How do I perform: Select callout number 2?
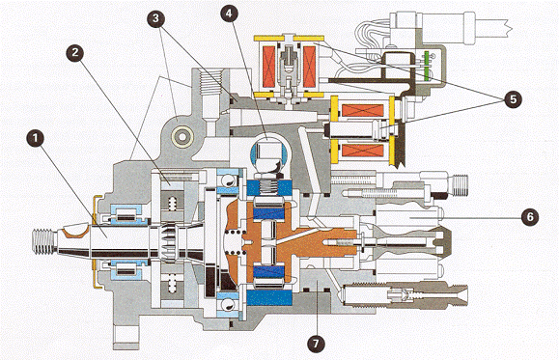[75, 53]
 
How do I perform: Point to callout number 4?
[229, 14]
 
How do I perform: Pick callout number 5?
[514, 99]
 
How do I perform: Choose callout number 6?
[530, 217]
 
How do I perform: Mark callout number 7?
[317, 344]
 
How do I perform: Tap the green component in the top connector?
[426, 65]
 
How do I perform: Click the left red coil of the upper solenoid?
[269, 68]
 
